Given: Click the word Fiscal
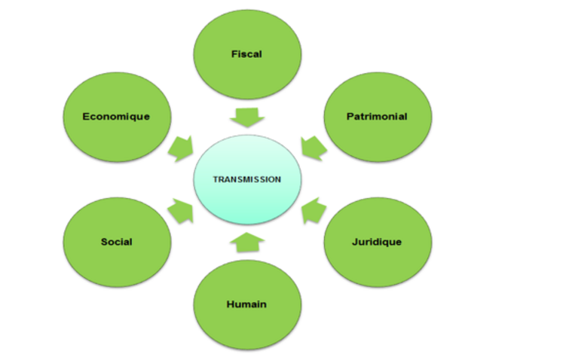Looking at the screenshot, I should [x=247, y=54].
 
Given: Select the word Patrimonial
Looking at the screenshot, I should [x=377, y=117].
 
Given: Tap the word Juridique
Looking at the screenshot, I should [x=377, y=242].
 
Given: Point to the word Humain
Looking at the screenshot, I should [x=246, y=304].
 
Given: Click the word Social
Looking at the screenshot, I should [x=117, y=242].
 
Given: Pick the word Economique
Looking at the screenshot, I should [x=116, y=117].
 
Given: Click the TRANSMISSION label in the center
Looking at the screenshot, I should [x=246, y=180].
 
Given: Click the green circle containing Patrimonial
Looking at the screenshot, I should [x=377, y=139].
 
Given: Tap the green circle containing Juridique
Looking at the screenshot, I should [x=377, y=264].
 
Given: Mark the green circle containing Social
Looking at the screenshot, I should [x=117, y=264].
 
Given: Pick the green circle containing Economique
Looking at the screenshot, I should [x=116, y=139].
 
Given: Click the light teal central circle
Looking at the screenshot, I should [x=246, y=200].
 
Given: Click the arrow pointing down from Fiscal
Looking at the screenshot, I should [x=247, y=117].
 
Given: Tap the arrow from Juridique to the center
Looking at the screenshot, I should [x=312, y=212].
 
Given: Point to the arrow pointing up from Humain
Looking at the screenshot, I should [x=246, y=243].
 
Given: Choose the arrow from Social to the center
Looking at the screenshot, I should [x=181, y=212].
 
